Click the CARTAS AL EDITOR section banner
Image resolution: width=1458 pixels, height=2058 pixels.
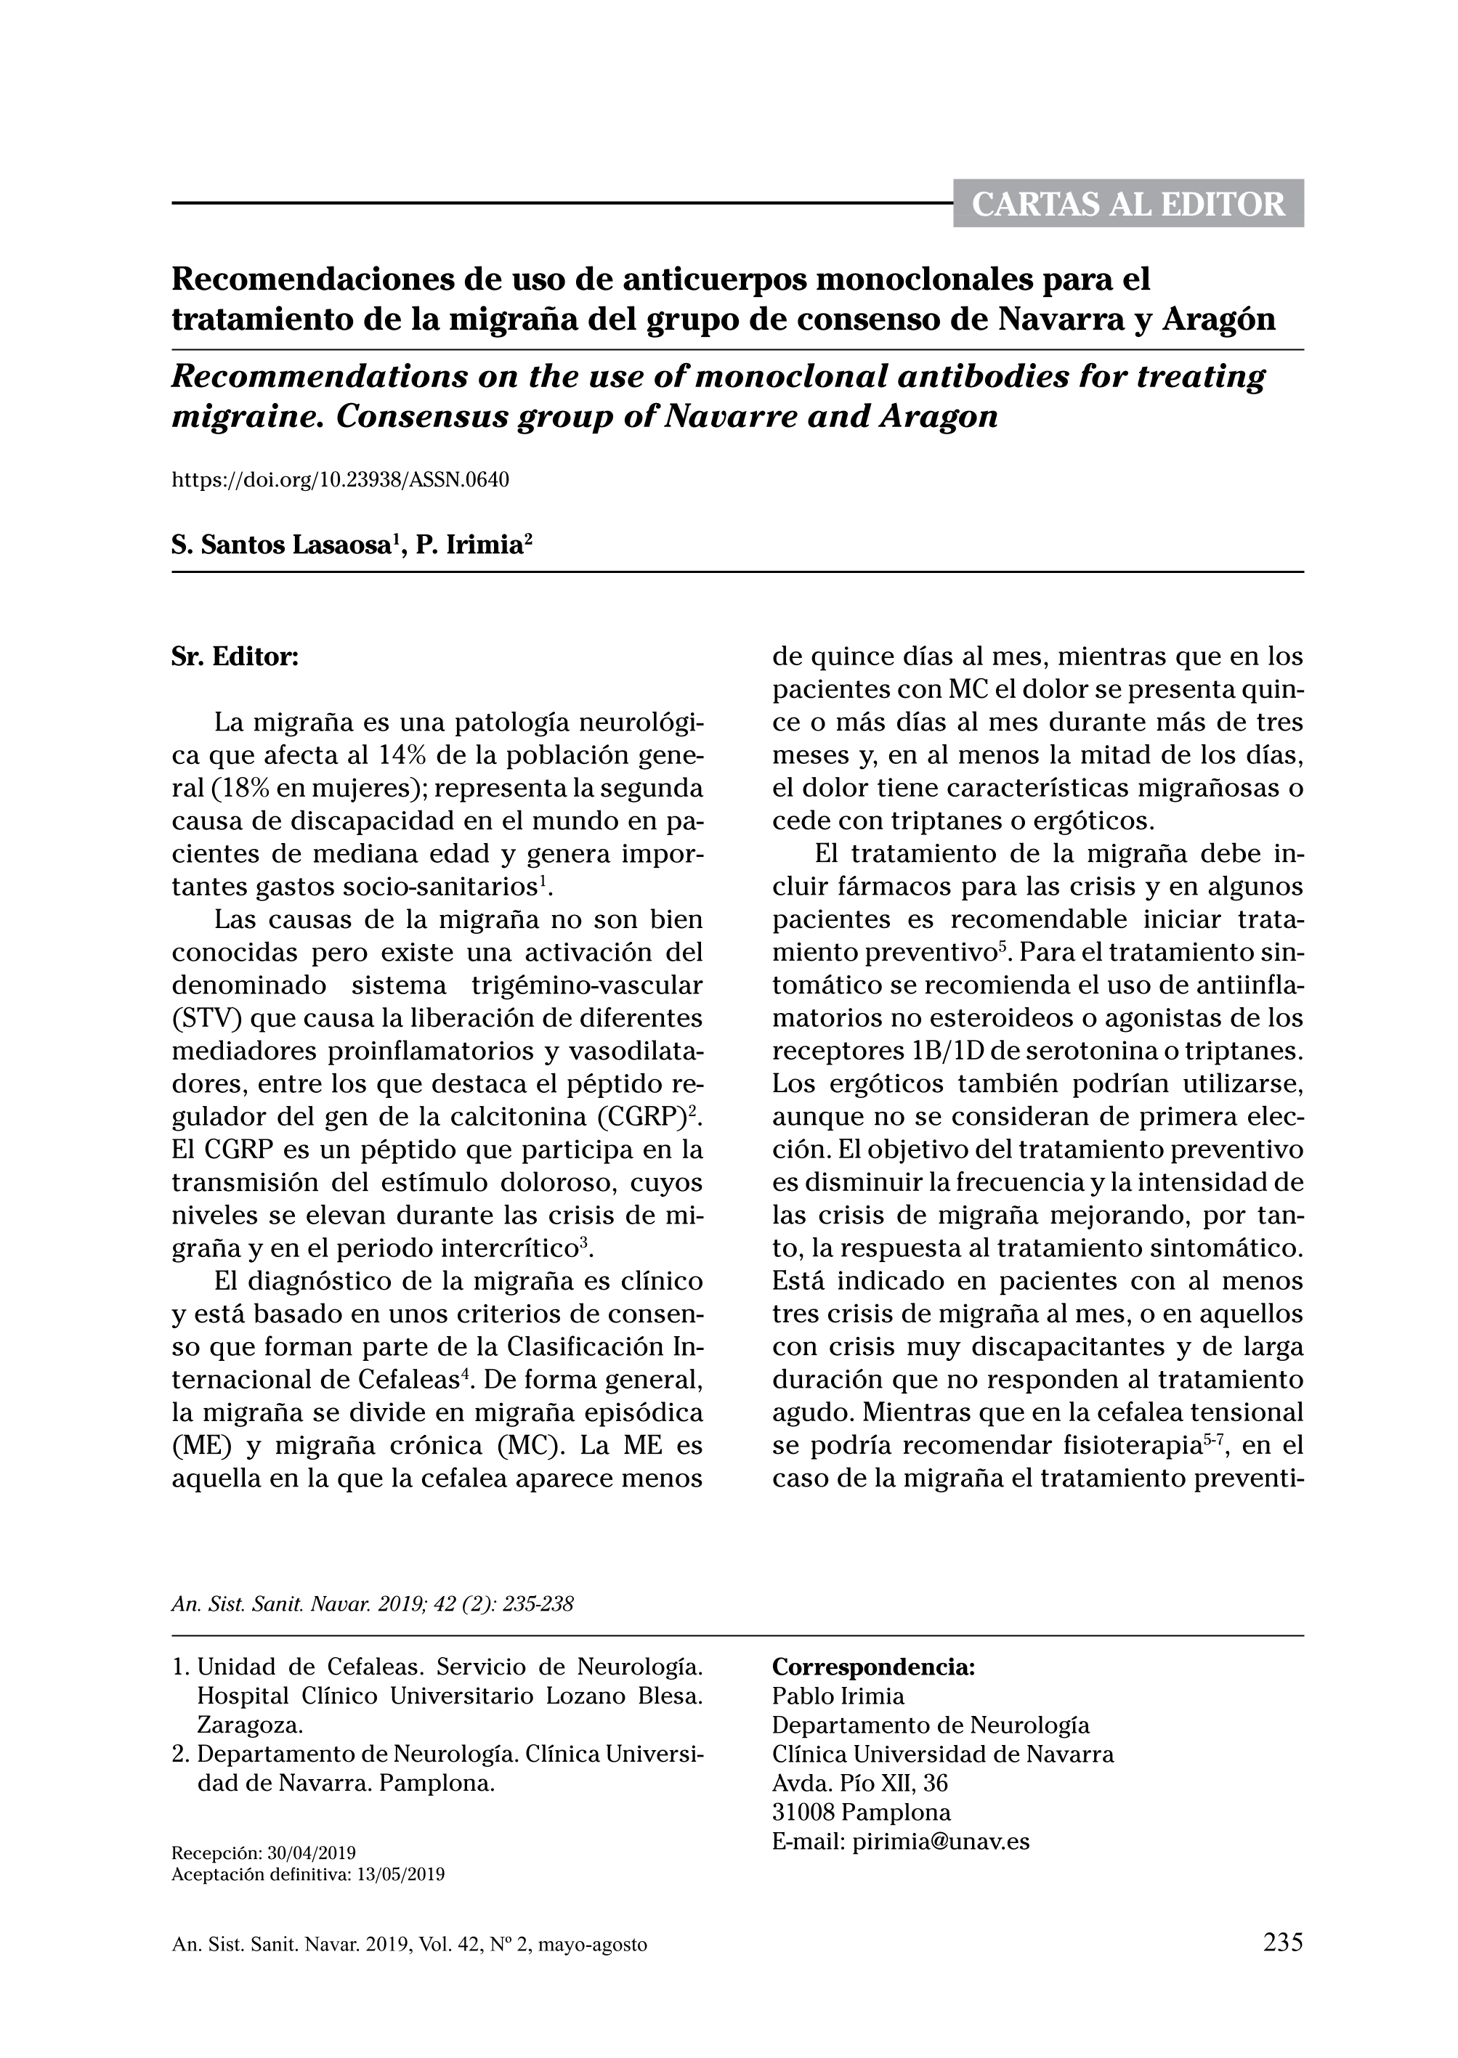pyautogui.click(x=1127, y=204)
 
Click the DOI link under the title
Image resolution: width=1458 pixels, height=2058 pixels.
pyautogui.click(x=339, y=479)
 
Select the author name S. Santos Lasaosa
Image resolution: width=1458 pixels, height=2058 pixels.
pyautogui.click(x=281, y=545)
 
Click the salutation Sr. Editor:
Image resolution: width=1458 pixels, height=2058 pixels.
pyautogui.click(x=235, y=656)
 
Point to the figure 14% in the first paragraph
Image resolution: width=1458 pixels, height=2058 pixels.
pyautogui.click(x=407, y=755)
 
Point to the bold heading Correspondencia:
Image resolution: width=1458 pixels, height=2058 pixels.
pyautogui.click(x=872, y=1667)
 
